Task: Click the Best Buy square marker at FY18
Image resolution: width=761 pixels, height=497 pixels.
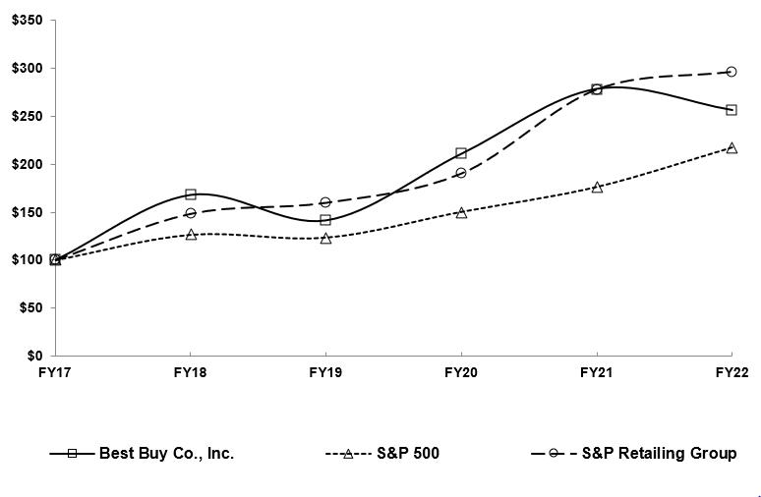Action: (x=191, y=194)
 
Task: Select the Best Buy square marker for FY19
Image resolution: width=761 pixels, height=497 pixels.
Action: (x=325, y=220)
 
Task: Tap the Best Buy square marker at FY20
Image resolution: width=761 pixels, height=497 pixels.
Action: (x=461, y=153)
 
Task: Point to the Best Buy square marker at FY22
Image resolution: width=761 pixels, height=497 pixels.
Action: (x=732, y=110)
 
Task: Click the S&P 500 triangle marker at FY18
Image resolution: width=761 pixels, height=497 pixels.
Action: (x=191, y=235)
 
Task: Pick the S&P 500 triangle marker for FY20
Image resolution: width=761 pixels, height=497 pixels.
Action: (x=461, y=212)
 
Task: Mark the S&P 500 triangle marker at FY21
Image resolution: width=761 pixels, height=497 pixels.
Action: (x=597, y=187)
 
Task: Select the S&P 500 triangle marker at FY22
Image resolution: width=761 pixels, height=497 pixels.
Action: (x=732, y=147)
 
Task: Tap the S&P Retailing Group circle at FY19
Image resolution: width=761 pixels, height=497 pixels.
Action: (x=325, y=202)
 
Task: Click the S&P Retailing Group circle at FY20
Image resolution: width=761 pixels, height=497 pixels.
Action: (x=461, y=173)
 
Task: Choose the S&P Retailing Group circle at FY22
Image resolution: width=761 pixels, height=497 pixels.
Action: (x=732, y=72)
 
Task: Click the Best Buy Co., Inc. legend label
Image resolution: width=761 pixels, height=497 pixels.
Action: (x=166, y=454)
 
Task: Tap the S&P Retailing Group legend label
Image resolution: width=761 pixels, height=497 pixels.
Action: (x=659, y=454)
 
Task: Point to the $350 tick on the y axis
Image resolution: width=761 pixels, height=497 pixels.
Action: (x=28, y=21)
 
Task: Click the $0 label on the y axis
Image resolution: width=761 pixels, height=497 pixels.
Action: (x=34, y=356)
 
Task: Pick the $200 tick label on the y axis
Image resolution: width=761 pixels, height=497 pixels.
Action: (x=28, y=164)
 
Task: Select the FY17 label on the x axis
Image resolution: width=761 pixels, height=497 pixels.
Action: (x=55, y=373)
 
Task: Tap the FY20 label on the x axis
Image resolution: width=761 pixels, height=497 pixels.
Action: (x=461, y=373)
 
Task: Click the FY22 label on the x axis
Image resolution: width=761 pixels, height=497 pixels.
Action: (x=732, y=373)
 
